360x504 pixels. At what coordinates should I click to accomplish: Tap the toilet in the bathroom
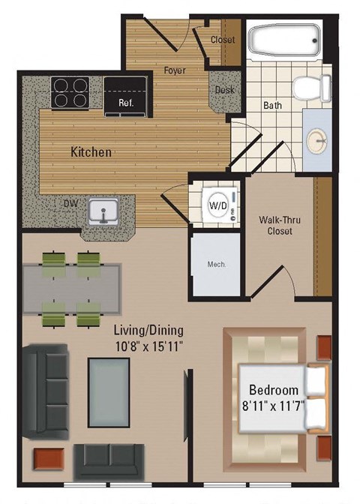click(x=311, y=88)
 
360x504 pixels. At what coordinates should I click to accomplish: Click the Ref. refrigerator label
click(x=125, y=103)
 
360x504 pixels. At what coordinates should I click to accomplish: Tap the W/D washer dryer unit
click(x=218, y=204)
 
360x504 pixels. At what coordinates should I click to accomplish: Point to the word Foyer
click(x=175, y=71)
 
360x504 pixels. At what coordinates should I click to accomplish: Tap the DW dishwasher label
click(x=70, y=202)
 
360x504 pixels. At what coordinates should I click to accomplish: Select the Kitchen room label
click(x=91, y=152)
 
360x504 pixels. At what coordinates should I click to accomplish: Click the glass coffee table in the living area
click(x=108, y=392)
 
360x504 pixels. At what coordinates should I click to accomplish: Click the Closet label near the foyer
click(x=223, y=40)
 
